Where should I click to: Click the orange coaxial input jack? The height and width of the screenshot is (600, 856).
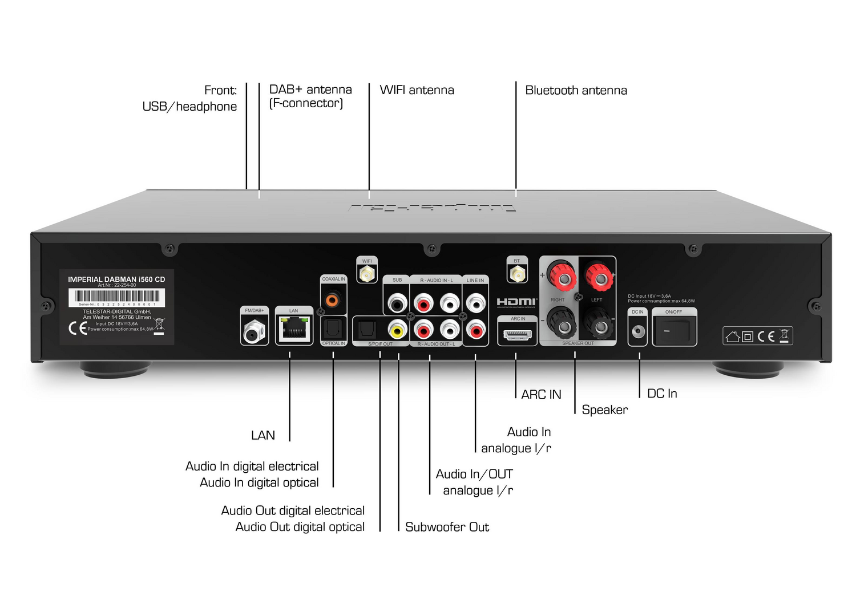pyautogui.click(x=332, y=298)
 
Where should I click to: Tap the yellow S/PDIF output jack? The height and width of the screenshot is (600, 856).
pyautogui.click(x=397, y=330)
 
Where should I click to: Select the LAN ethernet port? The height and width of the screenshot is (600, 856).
pyautogui.click(x=294, y=329)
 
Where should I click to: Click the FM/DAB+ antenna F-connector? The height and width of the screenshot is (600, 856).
pyautogui.click(x=254, y=331)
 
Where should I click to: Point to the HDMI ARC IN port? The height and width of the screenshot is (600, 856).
pyautogui.click(x=517, y=334)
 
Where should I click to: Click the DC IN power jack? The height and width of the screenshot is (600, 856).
pyautogui.click(x=637, y=331)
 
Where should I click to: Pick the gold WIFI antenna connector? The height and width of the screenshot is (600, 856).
pyautogui.click(x=367, y=275)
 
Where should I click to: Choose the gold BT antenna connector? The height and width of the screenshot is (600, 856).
pyautogui.click(x=517, y=274)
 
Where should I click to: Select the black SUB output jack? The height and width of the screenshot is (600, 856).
pyautogui.click(x=397, y=303)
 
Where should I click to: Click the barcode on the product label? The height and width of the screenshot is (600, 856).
pyautogui.click(x=117, y=296)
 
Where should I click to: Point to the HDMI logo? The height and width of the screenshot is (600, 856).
pyautogui.click(x=516, y=302)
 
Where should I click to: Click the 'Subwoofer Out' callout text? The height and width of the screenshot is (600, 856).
pyautogui.click(x=447, y=527)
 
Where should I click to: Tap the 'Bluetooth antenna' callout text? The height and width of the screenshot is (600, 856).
pyautogui.click(x=576, y=90)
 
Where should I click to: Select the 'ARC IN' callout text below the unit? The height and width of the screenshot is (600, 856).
pyautogui.click(x=541, y=394)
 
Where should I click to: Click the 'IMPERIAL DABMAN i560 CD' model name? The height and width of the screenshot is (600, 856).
pyautogui.click(x=116, y=279)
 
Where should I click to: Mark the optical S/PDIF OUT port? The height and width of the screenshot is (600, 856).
pyautogui.click(x=366, y=330)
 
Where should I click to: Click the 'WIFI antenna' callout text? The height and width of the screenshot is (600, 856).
pyautogui.click(x=417, y=90)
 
